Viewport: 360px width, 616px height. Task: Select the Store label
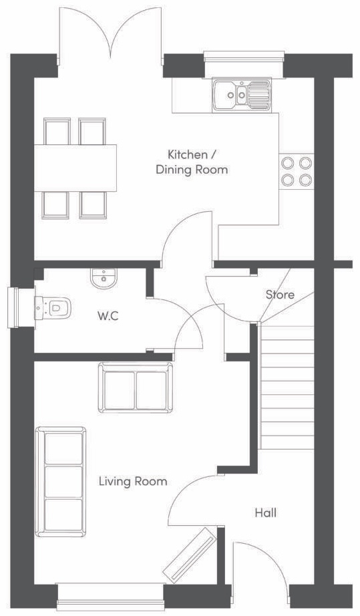coord(280,295)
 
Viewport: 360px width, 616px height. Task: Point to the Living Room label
coord(133,481)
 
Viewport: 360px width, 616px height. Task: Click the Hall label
coord(265,513)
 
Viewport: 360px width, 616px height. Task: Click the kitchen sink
coord(242,95)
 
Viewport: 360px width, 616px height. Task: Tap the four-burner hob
coord(296,170)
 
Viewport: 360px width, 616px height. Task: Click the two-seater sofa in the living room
coord(136,388)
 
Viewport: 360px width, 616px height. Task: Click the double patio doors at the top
coord(111,33)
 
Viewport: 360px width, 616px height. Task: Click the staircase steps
coord(287,388)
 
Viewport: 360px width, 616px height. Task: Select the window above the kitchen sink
coord(243,58)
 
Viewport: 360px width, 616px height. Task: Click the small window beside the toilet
coord(13,307)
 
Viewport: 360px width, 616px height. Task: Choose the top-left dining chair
coord(56,130)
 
